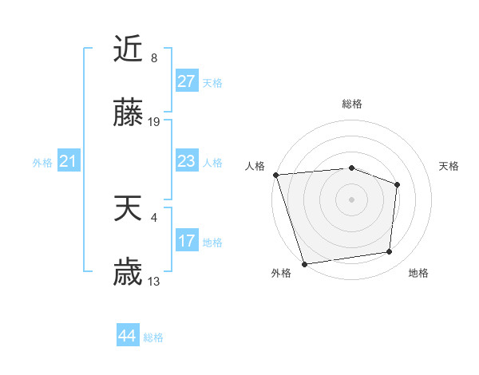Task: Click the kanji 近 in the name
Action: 128,51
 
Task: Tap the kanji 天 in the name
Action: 128,209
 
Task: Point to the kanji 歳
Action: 128,274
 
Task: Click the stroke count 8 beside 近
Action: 154,58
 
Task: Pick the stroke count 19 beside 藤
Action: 155,122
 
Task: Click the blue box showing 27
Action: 186,81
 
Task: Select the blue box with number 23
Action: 186,161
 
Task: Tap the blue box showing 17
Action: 186,241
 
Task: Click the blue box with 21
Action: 68,162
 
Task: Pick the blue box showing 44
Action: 127,336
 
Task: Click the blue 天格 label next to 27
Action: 212,83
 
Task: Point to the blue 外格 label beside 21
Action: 42,163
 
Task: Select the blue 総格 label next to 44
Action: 153,337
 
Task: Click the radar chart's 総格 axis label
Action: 352,104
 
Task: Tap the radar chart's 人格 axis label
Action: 255,166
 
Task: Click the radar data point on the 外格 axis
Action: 304,263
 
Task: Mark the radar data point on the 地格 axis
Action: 390,252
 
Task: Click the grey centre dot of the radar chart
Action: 351,199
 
